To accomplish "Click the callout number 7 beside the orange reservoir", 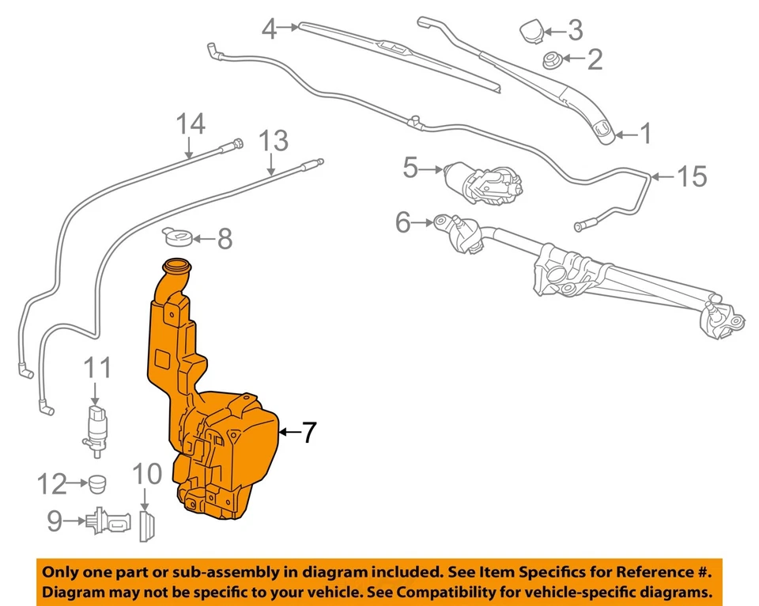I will point(308,432).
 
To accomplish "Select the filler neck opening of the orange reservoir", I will point(177,267).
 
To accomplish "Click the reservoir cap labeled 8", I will point(177,236).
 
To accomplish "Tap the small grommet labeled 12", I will point(97,482).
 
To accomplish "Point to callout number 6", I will point(403,223).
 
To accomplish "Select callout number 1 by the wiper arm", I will point(646,134).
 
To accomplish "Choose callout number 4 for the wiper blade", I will point(270,30).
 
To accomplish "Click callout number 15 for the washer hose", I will point(692,176).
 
